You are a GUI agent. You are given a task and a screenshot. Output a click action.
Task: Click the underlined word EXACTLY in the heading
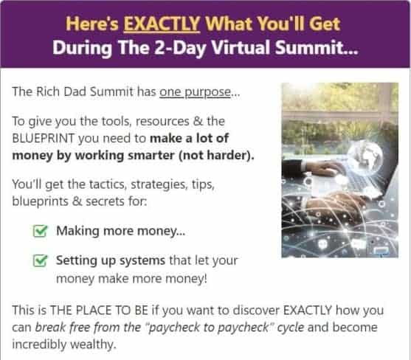pos(162,24)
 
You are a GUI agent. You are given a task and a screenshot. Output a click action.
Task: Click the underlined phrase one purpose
pos(196,92)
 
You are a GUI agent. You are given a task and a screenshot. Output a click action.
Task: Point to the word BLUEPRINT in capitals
pos(44,139)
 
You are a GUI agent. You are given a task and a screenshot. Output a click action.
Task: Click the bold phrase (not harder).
pos(216,156)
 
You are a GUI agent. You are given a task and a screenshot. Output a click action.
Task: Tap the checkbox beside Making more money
pos(41,231)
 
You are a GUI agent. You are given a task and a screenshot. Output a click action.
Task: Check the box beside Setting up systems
pos(41,260)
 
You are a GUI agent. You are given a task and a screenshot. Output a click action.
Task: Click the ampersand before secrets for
pos(77,201)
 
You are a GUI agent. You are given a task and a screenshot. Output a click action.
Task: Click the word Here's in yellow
pos(92,24)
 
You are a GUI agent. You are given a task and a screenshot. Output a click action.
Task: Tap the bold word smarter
pos(151,156)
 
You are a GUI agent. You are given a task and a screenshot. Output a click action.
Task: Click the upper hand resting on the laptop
pos(324,167)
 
